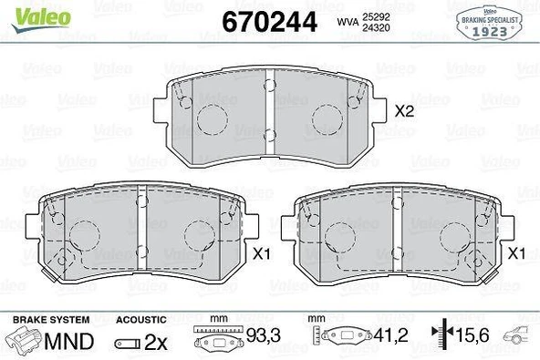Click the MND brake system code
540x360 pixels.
click(x=71, y=343)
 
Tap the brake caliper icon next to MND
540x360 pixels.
click(x=26, y=342)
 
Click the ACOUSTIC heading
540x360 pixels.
click(x=141, y=320)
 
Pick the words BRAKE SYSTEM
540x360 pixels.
click(x=50, y=320)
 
